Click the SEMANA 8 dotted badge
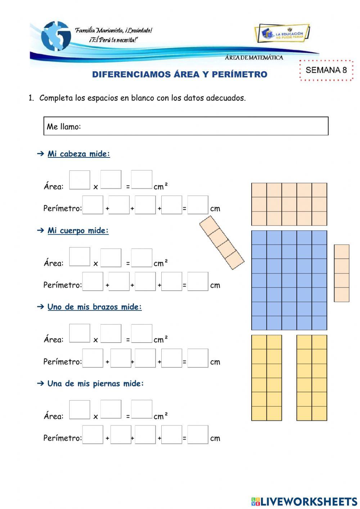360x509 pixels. pos(326,70)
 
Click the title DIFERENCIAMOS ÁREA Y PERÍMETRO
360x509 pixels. pos(180,75)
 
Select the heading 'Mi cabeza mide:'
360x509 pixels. pos(78,154)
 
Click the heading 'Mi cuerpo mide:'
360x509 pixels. pos(78,231)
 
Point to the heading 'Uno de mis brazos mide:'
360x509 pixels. pos(94,307)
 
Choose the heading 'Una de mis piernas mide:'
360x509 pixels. pos(95,384)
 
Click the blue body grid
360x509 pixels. pos(289,280)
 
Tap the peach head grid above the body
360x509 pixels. pos(289,204)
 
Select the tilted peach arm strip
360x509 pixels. pos(222,242)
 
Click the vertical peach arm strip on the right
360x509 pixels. pos(341,273)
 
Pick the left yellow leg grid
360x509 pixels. pos(266,378)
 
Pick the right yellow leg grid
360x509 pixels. pos(312,378)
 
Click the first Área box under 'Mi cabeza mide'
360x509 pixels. pos(80,180)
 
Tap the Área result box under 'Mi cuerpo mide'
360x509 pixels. pos(141,258)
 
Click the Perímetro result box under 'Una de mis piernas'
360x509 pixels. pos(198,434)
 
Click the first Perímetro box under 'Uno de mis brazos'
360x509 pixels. pos(93,358)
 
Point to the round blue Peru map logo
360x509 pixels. pos(56,36)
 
